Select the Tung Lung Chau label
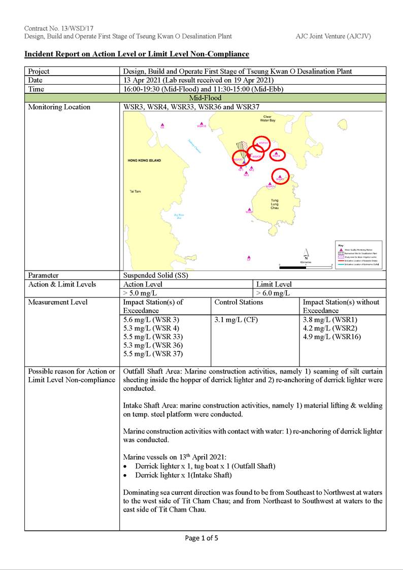[x=274, y=204]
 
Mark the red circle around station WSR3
[x=280, y=176]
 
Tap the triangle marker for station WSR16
[x=201, y=123]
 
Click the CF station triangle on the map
[x=249, y=257]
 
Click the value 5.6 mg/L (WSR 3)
[x=151, y=320]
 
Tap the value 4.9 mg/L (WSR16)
[x=325, y=337]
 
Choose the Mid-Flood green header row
[x=205, y=98]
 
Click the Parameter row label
[x=43, y=275]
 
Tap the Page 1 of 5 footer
[x=201, y=538]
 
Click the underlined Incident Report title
[x=137, y=54]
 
